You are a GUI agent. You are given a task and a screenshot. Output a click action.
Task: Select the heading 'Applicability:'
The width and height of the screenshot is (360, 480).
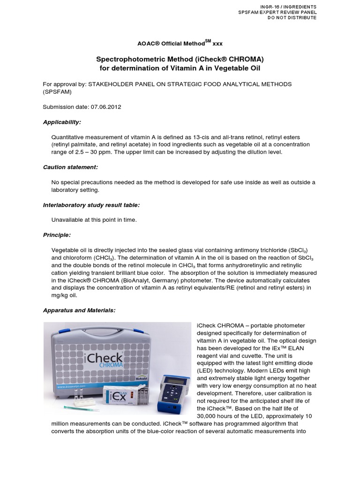pyautogui.click(x=62, y=122)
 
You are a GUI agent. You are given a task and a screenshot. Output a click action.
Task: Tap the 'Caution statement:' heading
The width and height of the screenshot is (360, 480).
pyautogui.click(x=70, y=167)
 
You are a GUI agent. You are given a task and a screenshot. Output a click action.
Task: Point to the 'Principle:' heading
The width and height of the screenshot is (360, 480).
pyautogui.click(x=57, y=234)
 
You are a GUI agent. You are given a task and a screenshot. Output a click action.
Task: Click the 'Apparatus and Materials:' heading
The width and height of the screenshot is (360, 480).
pyautogui.click(x=79, y=310)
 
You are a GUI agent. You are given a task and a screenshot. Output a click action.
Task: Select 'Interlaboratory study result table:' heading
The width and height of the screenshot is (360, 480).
pyautogui.click(x=91, y=205)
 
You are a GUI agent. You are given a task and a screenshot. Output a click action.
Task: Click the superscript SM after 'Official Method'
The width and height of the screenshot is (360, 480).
pyautogui.click(x=208, y=41)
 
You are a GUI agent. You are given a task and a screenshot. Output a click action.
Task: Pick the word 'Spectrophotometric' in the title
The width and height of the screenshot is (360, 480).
pyautogui.click(x=125, y=59)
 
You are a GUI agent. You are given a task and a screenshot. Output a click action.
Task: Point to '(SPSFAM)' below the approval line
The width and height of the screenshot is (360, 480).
pyautogui.click(x=59, y=92)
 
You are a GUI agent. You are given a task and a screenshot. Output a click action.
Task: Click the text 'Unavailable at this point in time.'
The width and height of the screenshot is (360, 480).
pyautogui.click(x=94, y=219)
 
